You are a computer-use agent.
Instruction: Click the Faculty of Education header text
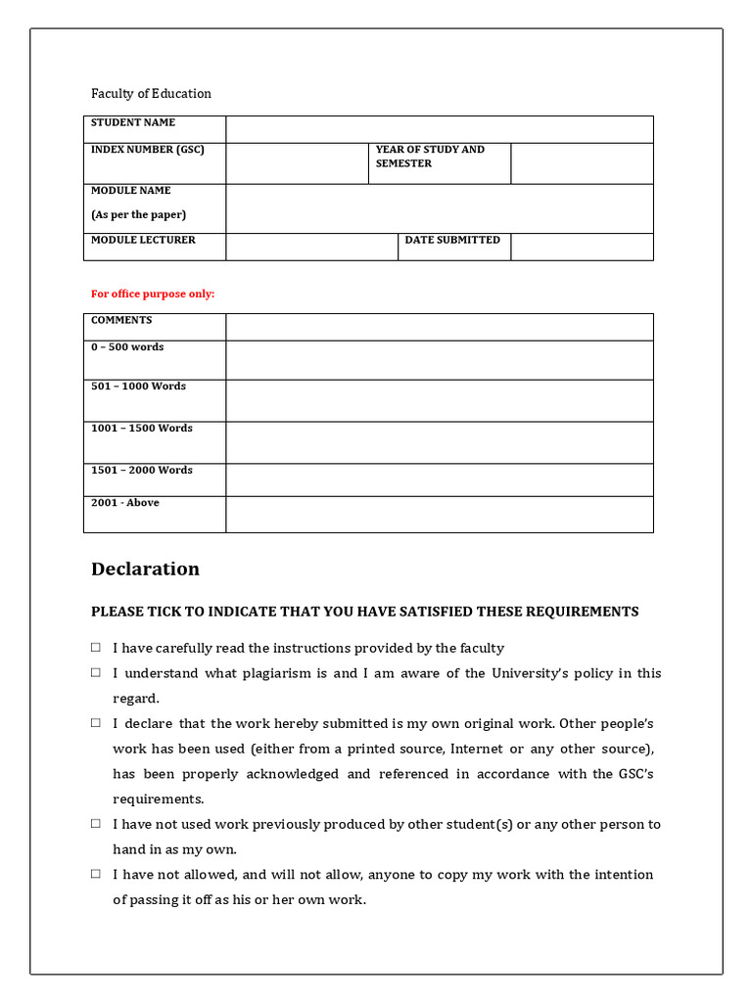tap(151, 94)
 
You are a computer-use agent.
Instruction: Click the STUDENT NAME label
tap(133, 123)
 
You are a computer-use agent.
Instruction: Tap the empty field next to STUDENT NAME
tap(439, 129)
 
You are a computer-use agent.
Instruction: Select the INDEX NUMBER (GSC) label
tap(147, 150)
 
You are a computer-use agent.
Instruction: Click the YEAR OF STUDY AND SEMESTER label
tap(430, 157)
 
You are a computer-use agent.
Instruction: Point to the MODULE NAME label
tap(130, 191)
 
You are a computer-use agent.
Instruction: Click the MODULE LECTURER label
tap(143, 240)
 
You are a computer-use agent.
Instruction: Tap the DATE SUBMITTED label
tap(452, 240)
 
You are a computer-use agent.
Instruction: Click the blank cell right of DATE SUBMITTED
tap(582, 247)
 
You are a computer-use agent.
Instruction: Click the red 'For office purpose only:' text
tap(153, 294)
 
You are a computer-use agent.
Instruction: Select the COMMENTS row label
tap(121, 320)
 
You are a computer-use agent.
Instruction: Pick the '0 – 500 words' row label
tap(127, 347)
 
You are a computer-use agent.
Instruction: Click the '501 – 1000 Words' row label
tap(138, 387)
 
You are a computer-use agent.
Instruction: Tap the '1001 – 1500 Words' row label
tap(142, 429)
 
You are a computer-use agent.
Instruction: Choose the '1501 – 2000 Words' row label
tap(142, 471)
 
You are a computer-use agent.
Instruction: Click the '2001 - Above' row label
tap(124, 503)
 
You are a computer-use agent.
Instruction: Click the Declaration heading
tap(145, 569)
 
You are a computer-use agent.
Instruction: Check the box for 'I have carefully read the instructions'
tap(96, 648)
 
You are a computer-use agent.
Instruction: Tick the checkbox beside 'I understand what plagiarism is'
tap(96, 673)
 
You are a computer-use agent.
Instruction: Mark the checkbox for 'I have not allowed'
tap(96, 874)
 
